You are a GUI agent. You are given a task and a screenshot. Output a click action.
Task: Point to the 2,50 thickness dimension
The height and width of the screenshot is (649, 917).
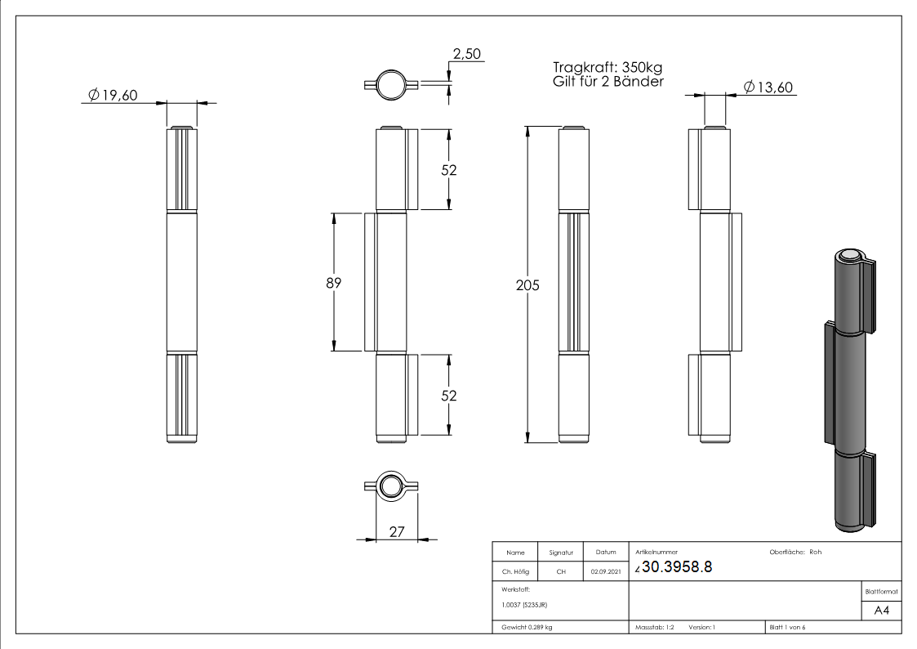coord(467,55)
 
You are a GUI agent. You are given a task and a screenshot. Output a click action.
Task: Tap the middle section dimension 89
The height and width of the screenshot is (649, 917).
coord(332,283)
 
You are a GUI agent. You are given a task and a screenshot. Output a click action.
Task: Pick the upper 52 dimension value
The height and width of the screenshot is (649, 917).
coord(449,170)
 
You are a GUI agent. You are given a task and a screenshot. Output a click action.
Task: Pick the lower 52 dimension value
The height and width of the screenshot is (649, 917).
coord(449,396)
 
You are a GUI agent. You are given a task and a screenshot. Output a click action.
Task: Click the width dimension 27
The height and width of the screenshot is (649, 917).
coord(397,531)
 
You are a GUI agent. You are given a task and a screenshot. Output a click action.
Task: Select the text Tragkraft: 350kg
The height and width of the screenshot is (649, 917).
coord(608,68)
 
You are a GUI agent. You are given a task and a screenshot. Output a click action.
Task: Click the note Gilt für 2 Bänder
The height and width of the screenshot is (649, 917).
coord(608,82)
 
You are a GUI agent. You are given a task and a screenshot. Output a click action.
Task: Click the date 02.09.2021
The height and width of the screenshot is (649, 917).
coord(605,572)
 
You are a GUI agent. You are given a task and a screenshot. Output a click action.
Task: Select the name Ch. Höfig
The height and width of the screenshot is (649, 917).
coord(515,572)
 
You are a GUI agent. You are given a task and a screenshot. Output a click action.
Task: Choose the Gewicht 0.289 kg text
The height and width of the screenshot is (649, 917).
coord(527,628)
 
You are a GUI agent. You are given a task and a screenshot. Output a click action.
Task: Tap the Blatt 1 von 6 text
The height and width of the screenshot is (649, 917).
coord(787,628)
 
